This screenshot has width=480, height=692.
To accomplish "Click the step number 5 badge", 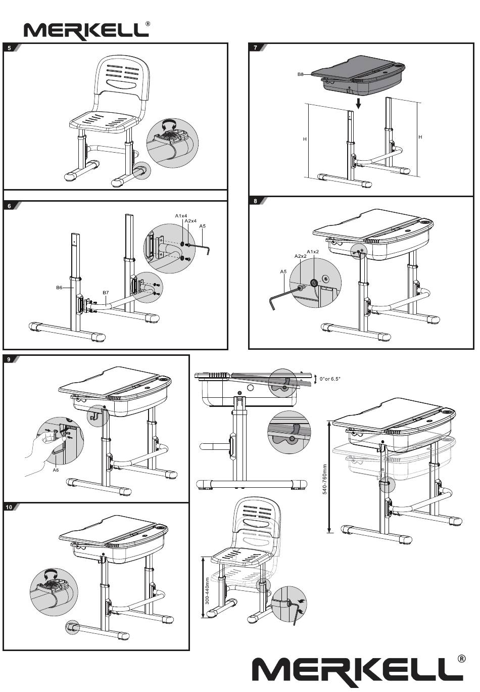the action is click(x=9, y=48).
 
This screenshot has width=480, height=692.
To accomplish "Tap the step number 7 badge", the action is click(x=255, y=48).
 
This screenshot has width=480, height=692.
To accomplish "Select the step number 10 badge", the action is click(x=9, y=507).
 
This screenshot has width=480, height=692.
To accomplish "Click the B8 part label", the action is click(x=301, y=74).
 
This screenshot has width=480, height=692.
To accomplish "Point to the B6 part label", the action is click(x=59, y=288).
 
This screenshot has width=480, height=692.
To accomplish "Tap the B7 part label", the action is click(x=106, y=292).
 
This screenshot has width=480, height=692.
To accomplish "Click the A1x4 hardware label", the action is click(x=181, y=216).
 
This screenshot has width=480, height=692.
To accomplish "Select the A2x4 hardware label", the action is click(x=190, y=221).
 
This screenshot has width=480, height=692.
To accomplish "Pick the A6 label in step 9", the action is click(x=56, y=470).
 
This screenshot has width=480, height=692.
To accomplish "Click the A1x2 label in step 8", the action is click(x=313, y=251).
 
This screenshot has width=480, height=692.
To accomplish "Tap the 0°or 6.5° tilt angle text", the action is click(x=330, y=379).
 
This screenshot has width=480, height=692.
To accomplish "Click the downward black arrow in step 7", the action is click(x=358, y=104).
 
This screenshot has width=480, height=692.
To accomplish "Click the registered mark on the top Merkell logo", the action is click(x=148, y=23).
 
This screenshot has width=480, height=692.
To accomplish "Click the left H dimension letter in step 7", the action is click(x=305, y=140).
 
